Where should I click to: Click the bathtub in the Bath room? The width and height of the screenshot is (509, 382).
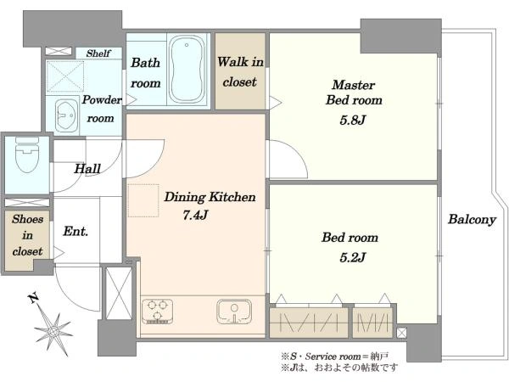pos(187,70)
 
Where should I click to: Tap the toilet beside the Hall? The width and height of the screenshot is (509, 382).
pos(27,155)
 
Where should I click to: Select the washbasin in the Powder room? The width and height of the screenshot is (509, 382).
pos(66,115)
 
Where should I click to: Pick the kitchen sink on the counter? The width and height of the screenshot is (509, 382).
pos(234,312)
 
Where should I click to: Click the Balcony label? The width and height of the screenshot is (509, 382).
pos(472,220)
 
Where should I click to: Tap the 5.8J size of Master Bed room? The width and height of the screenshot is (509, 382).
pos(353,121)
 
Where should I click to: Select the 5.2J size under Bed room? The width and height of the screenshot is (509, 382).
pos(353,257)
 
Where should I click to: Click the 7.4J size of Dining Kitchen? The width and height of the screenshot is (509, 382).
pos(195,215)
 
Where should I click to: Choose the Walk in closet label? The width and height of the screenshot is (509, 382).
pos(240,72)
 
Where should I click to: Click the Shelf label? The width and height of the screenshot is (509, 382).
pos(98,53)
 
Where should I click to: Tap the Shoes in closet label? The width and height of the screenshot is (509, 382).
pos(28,235)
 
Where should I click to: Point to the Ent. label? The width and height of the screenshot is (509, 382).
pos(76,231)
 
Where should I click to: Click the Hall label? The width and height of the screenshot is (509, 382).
pos(87,169)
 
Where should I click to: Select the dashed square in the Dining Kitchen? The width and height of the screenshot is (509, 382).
pos(143,200)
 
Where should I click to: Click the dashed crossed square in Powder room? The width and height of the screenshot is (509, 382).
pos(65,77)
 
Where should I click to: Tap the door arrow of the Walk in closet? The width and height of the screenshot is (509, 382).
pos(275,103)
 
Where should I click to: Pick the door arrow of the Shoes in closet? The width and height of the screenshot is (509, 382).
pos(59,253)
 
